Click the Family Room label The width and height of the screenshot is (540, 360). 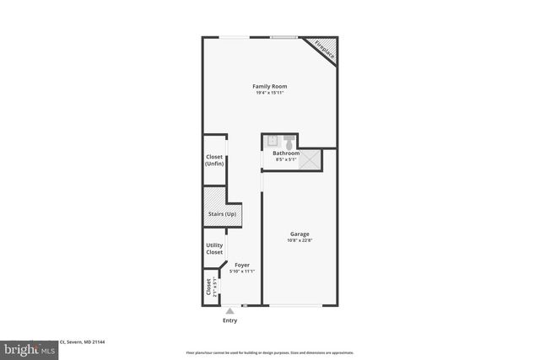coord(270,86)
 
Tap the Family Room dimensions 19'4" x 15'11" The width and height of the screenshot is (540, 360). coord(270,94)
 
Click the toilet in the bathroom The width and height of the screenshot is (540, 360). coord(289,141)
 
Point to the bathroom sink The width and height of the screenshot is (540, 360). coord(272,141)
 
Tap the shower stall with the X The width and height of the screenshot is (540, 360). coord(310,159)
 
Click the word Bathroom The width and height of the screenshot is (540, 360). coord(286,153)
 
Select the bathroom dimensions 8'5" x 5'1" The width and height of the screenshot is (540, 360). coord(286,159)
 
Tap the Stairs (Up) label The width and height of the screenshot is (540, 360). coord(221,215)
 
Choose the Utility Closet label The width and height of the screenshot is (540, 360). coord(214,249)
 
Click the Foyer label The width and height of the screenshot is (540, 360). coord(242,265)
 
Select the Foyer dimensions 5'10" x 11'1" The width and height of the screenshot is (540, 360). coord(242,271)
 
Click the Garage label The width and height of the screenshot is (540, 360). coord(300,234)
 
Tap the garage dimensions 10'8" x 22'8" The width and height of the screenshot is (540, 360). coord(300,241)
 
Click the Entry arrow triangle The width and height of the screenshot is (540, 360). coord(229,311)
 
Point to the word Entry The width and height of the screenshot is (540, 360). coord(229,320)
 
